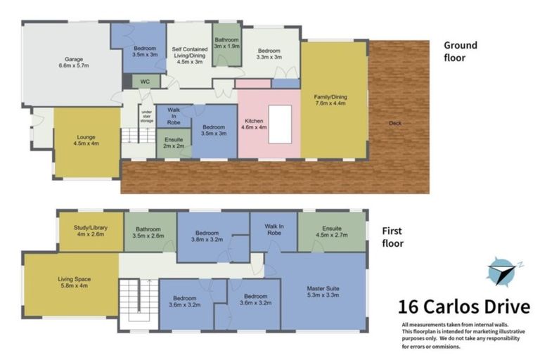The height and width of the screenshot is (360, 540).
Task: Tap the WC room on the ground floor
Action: (x=146, y=82)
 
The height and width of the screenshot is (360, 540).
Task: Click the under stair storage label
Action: (x=147, y=115)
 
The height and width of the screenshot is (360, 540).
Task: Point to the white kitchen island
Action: (x=280, y=124)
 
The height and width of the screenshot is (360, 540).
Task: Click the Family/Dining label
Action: (x=334, y=101)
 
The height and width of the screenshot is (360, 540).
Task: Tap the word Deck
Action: (x=396, y=124)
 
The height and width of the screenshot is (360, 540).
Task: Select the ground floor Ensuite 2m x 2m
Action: (x=173, y=143)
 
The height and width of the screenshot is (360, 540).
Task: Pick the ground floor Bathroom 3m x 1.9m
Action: (x=227, y=44)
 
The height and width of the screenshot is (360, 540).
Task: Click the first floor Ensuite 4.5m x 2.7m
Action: (x=332, y=233)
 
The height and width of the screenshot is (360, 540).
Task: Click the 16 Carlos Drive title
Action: (x=463, y=307)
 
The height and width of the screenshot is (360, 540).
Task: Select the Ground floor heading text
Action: (x=460, y=51)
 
